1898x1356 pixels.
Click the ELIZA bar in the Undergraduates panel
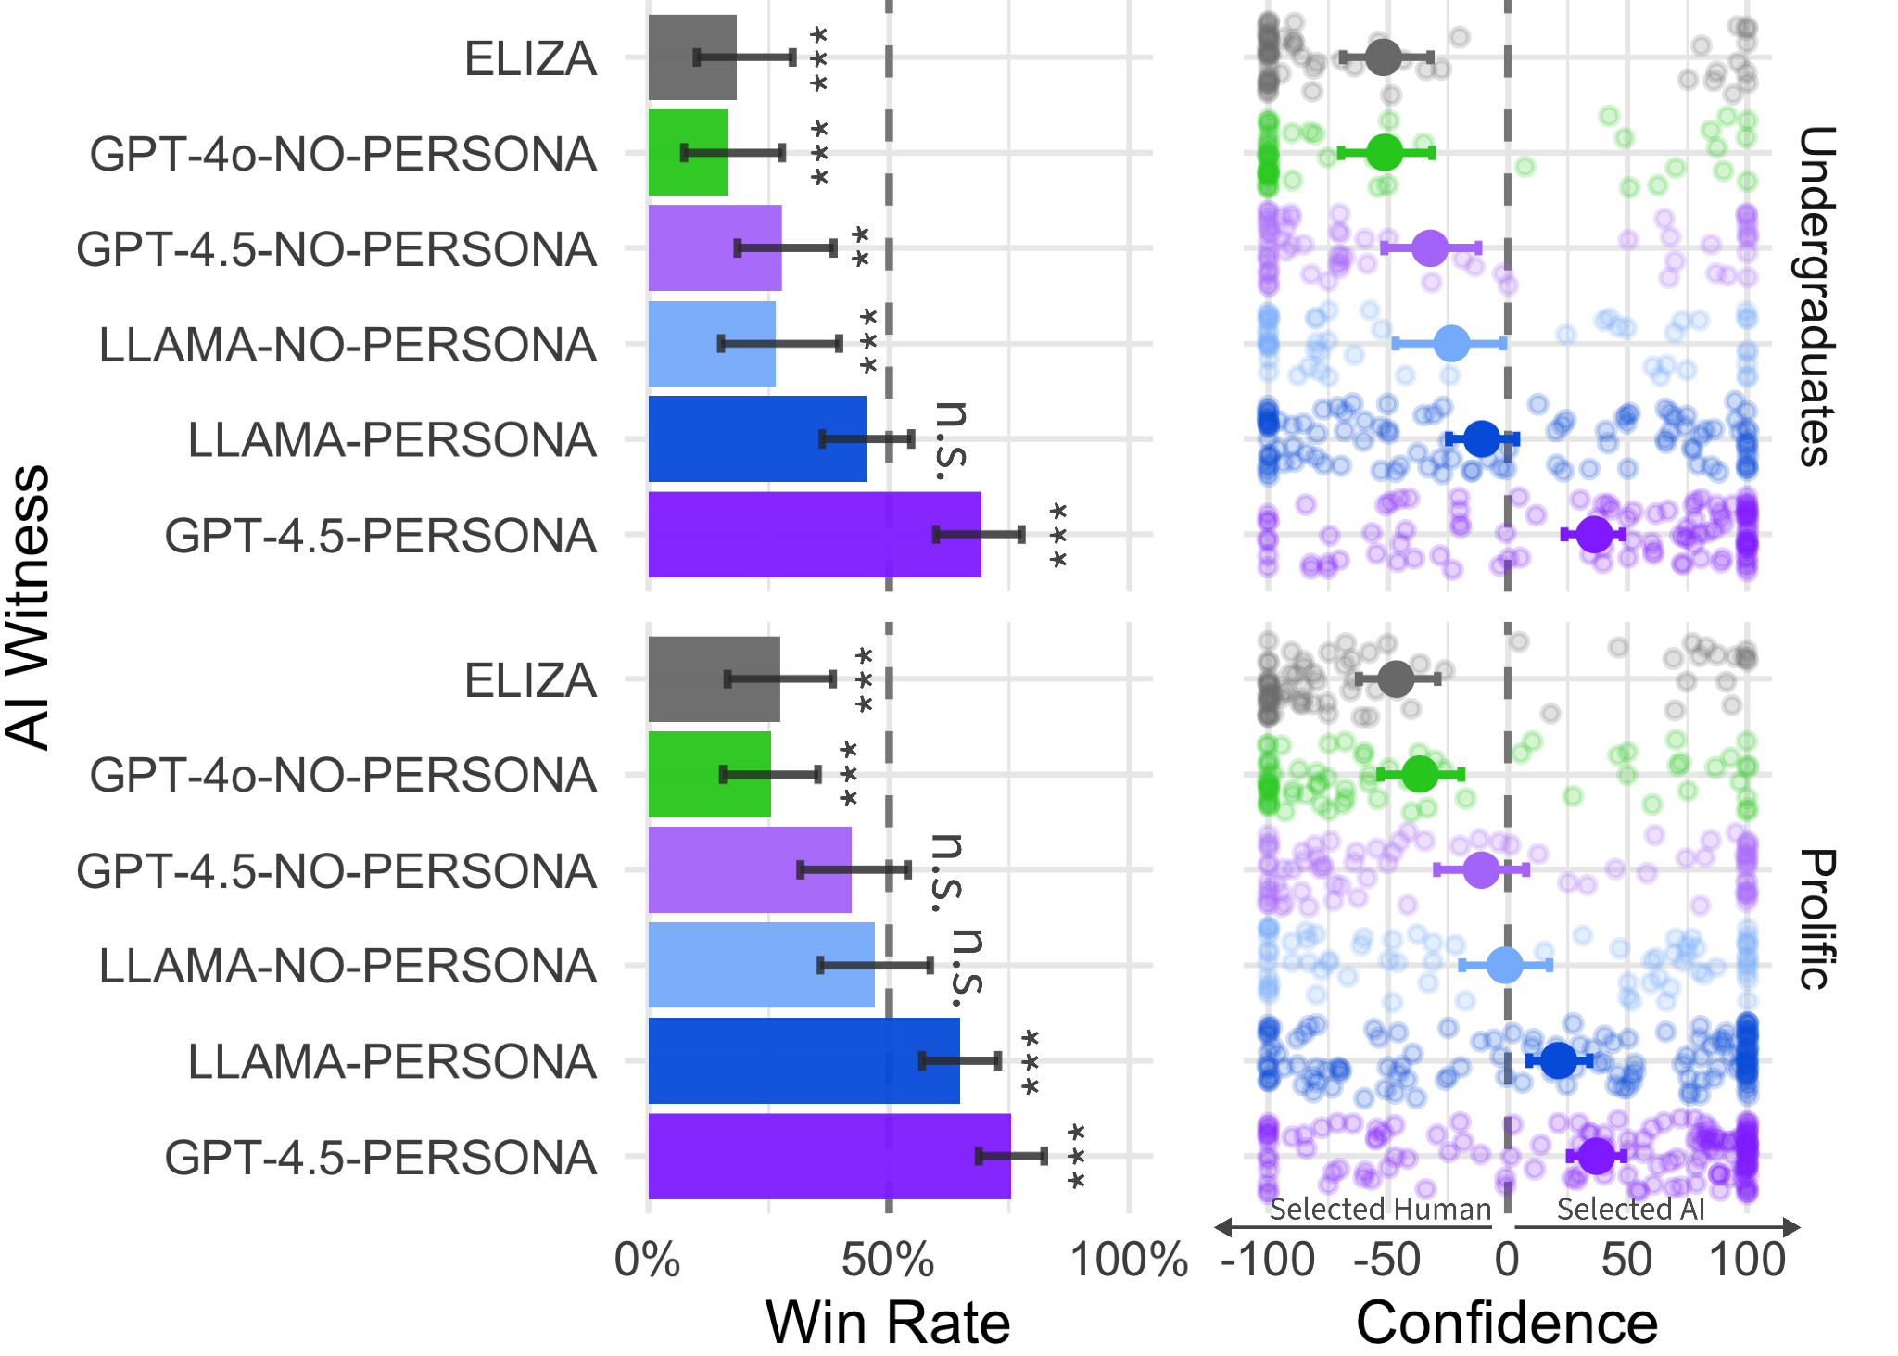(x=691, y=57)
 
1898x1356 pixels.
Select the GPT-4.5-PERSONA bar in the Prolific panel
(x=829, y=1156)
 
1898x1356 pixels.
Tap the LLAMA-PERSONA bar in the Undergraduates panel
(x=756, y=438)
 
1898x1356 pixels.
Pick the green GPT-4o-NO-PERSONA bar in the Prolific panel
(x=709, y=775)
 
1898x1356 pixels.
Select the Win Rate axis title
(x=888, y=1323)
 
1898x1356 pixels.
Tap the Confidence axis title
(x=1506, y=1323)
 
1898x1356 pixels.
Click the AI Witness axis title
(x=28, y=607)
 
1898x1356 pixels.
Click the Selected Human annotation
(x=1380, y=1210)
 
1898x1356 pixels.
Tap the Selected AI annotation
(x=1630, y=1210)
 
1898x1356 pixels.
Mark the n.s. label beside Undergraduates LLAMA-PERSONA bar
(x=951, y=441)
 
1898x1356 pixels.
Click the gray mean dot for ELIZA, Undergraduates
(x=1383, y=57)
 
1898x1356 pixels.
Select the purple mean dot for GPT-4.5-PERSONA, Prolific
(x=1596, y=1156)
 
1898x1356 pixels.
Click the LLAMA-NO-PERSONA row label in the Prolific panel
(x=348, y=966)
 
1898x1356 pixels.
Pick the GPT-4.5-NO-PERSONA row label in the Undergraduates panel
(x=336, y=249)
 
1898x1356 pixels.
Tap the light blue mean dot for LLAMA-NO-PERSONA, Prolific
(x=1505, y=966)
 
